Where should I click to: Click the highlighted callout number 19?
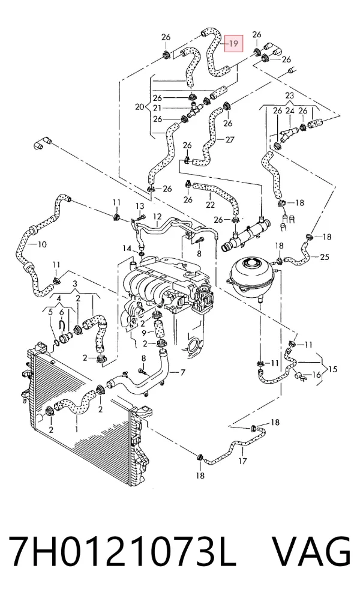pyautogui.click(x=233, y=44)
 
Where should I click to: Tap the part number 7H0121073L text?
pyautogui.click(x=122, y=552)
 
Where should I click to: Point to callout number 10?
pyautogui.click(x=42, y=244)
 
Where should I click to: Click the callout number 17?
pyautogui.click(x=242, y=461)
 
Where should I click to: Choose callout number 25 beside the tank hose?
pyautogui.click(x=325, y=257)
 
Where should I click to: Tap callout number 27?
pyautogui.click(x=229, y=140)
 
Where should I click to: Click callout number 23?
pyautogui.click(x=290, y=95)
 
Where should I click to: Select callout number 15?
pyautogui.click(x=332, y=369)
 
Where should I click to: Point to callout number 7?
pyautogui.click(x=182, y=372)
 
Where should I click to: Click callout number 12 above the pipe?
pyautogui.click(x=158, y=217)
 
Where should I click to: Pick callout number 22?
pyautogui.click(x=210, y=205)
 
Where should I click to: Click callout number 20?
pyautogui.click(x=140, y=107)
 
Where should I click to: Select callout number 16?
pyautogui.click(x=316, y=374)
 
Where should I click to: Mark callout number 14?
pyautogui.click(x=127, y=249)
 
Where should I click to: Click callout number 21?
pyautogui.click(x=157, y=109)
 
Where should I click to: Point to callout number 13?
pyautogui.click(x=140, y=207)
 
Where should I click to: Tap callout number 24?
pyautogui.click(x=290, y=110)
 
